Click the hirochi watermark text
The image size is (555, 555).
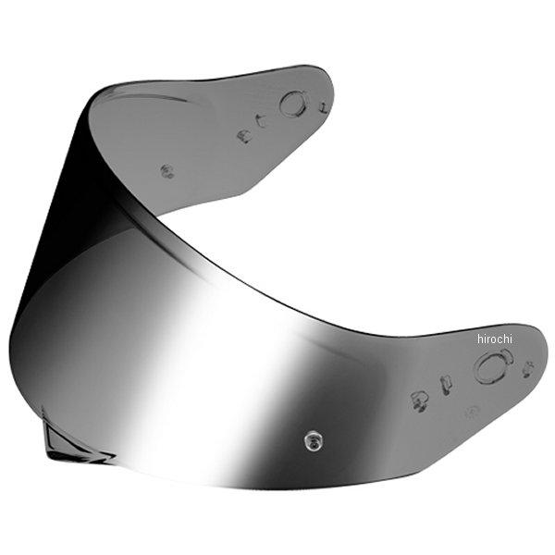click(494, 339)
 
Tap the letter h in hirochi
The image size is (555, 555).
click(480, 339)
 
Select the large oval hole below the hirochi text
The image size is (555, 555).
click(492, 368)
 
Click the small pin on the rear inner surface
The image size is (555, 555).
click(167, 170)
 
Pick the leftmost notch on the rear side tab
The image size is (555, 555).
click(243, 136)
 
